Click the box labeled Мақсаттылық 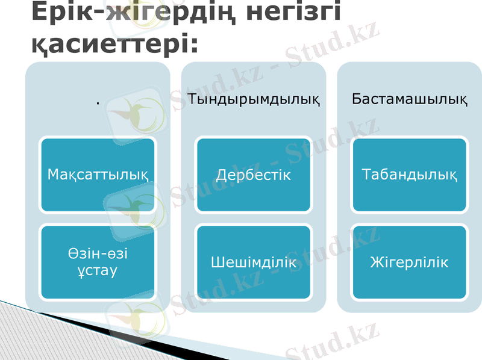(x=98, y=175)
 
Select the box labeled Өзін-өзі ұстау (x=98, y=262)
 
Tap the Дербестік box (x=254, y=175)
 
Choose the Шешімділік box (x=254, y=262)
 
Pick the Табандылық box (x=410, y=175)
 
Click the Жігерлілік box (x=410, y=262)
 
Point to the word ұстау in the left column (x=98, y=271)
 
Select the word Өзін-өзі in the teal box (x=98, y=254)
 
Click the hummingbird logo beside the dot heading (x=135, y=111)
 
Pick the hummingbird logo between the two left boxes (x=135, y=211)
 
